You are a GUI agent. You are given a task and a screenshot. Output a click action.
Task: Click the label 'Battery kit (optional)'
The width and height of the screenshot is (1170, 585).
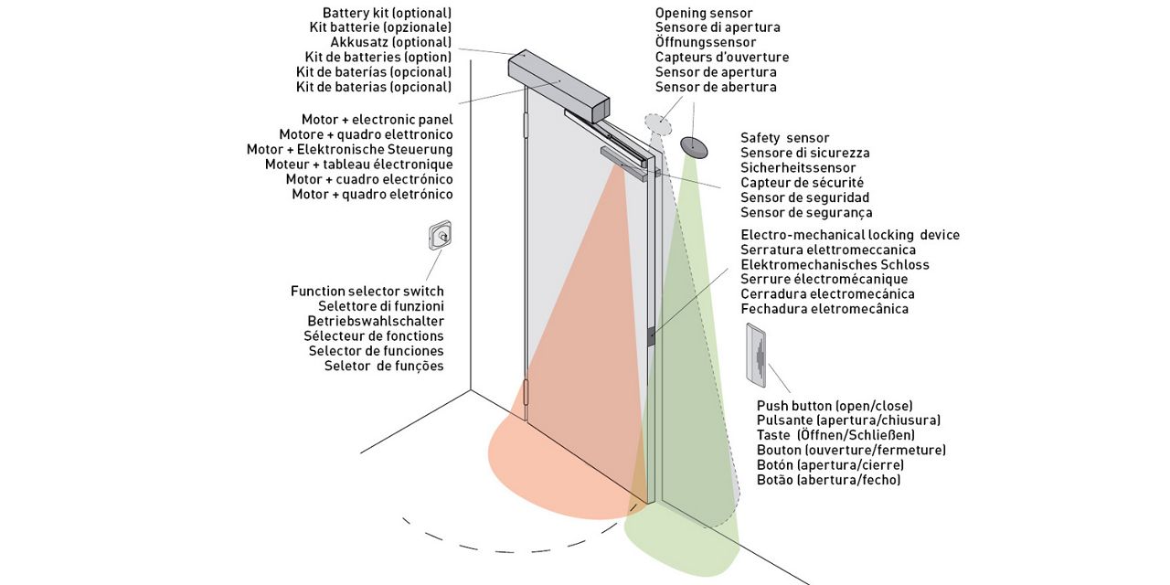click(387, 13)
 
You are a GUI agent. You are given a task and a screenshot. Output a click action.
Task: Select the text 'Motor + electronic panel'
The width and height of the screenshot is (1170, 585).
click(377, 120)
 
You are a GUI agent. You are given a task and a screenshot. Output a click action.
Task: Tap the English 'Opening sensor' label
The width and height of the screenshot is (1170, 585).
click(704, 13)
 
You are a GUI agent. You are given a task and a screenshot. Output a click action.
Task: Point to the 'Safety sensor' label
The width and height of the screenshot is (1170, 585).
click(785, 138)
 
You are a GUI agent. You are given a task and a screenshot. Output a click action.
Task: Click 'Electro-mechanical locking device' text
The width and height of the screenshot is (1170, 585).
click(850, 235)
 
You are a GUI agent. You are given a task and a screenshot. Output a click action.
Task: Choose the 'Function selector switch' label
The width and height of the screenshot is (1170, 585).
click(367, 292)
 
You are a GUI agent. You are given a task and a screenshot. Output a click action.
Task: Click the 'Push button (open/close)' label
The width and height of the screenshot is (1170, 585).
click(835, 406)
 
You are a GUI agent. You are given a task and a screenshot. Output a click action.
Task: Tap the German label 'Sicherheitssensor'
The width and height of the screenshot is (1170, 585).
click(798, 168)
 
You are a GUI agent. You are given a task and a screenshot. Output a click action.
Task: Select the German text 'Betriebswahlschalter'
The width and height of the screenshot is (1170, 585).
click(376, 321)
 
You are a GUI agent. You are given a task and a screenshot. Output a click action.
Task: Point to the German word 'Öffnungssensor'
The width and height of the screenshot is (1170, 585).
click(705, 43)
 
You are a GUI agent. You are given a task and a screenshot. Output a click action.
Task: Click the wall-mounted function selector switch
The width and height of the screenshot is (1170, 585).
click(441, 236)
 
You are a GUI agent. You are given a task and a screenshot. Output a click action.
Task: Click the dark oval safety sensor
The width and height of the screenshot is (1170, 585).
click(695, 146)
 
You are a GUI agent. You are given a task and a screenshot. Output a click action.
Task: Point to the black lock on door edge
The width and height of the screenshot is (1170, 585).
click(652, 336)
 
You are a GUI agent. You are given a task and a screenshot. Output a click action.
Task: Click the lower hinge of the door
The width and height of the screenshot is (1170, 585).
click(526, 391)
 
